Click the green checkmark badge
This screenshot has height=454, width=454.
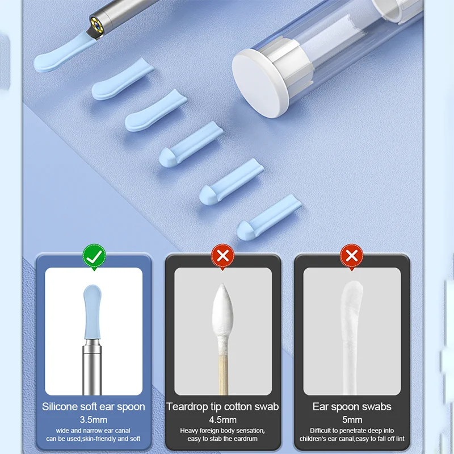(94, 255)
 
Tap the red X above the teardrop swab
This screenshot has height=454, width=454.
(223, 255)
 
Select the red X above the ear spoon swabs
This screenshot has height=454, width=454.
(352, 255)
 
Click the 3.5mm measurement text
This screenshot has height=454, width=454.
(94, 419)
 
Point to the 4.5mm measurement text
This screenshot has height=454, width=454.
(223, 419)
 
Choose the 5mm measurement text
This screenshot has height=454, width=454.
(352, 419)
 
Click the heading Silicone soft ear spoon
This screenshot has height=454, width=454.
(94, 407)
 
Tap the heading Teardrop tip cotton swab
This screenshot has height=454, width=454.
(223, 407)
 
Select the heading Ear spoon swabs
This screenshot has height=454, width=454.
(352, 407)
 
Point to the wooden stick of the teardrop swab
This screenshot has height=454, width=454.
(223, 369)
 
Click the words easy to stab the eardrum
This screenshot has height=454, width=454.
(223, 439)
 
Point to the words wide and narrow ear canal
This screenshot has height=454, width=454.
(94, 431)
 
